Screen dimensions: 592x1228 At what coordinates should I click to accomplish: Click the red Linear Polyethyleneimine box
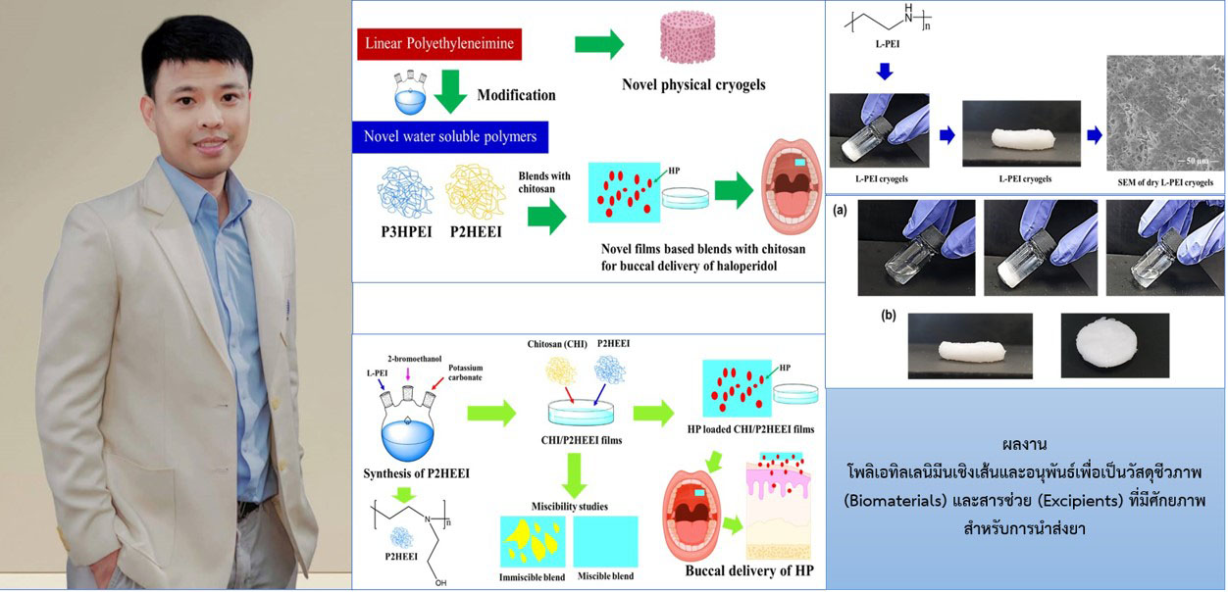[438, 44]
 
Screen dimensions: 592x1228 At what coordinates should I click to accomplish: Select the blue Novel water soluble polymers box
[450, 136]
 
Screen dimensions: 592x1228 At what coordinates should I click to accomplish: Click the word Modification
[516, 95]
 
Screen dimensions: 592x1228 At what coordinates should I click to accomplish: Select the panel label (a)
[842, 210]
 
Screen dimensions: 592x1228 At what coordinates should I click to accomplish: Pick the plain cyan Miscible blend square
[605, 541]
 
